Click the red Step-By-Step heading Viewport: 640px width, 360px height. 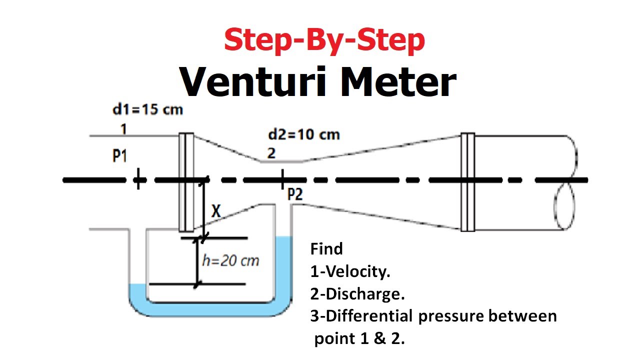[324, 40]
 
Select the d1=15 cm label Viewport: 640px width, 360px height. [147, 109]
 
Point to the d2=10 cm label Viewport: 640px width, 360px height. [304, 134]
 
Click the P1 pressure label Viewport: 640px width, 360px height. [119, 156]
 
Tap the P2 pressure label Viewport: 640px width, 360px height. [295, 194]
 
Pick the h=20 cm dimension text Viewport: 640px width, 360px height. [230, 260]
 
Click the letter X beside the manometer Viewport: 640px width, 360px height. [216, 211]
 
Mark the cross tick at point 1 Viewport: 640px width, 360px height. [138, 179]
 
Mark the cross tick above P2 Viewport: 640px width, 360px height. [282, 179]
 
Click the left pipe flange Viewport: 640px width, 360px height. [186, 182]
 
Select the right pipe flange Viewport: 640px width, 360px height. [468, 182]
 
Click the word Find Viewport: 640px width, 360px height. [326, 249]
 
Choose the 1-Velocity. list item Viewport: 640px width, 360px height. [350, 271]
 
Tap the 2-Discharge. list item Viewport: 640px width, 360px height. [357, 294]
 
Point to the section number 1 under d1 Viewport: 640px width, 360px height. [123, 129]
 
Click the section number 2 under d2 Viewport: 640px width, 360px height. [271, 153]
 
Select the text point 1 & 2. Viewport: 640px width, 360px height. [359, 339]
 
